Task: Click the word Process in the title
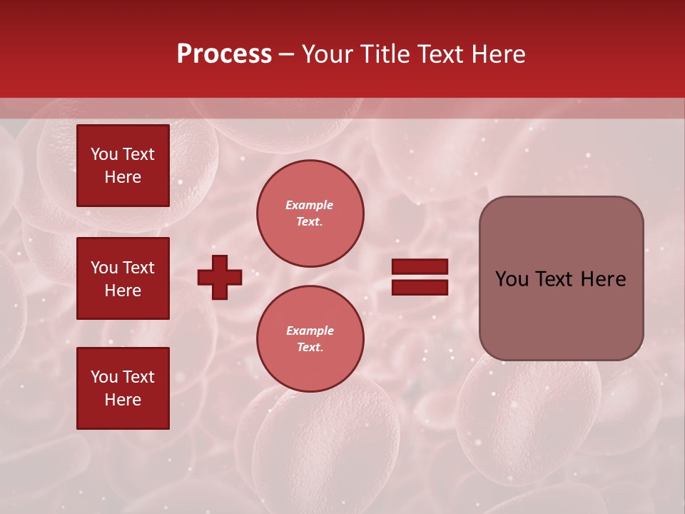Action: point(224,54)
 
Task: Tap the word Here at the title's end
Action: point(499,54)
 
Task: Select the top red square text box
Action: point(123,166)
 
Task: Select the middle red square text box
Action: point(123,278)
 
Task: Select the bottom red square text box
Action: point(123,388)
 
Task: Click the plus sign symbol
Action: point(220,277)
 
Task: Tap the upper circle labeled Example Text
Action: point(310,213)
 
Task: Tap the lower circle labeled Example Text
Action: point(310,338)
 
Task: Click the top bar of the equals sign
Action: point(420,267)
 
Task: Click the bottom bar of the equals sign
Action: point(420,288)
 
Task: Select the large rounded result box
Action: point(561,278)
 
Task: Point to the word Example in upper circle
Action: point(310,205)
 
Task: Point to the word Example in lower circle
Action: point(310,331)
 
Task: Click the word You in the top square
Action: point(104,154)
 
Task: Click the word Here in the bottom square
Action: point(123,400)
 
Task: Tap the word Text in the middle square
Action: point(138,268)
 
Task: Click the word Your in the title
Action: point(327,54)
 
